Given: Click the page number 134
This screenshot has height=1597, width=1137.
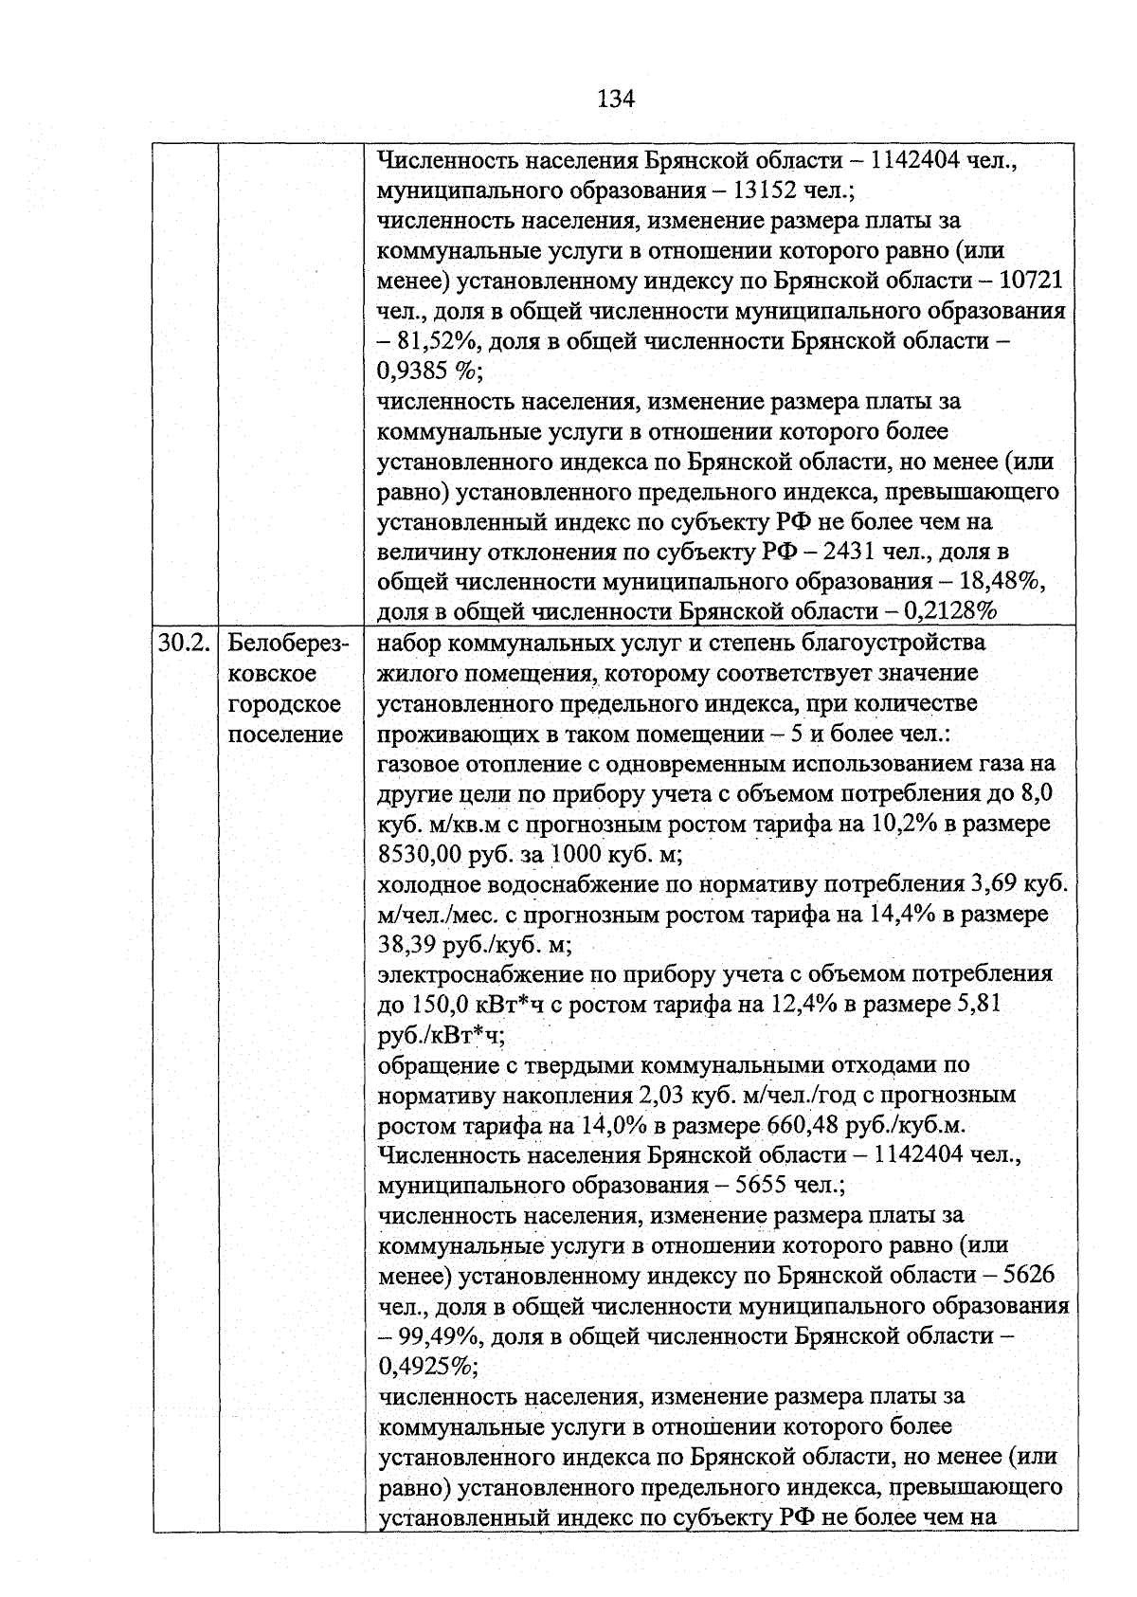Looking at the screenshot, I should pos(616,99).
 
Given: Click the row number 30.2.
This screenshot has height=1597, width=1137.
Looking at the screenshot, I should pos(183,644).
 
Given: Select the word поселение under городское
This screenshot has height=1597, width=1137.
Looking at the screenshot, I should pos(285,735).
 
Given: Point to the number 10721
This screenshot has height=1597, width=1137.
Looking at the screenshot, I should pos(1032,281).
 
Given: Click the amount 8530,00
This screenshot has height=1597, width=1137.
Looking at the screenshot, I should pos(419,854).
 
